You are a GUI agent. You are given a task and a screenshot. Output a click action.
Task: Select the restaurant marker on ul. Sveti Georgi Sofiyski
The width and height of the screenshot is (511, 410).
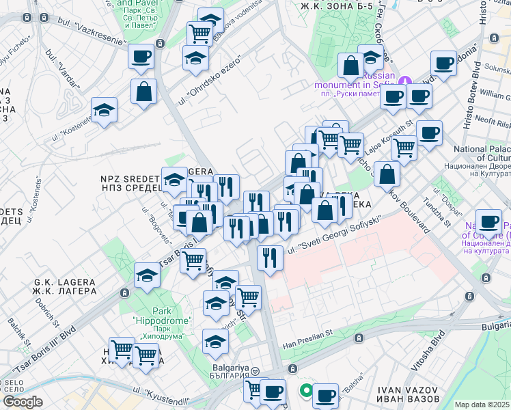pyautogui.click(x=271, y=258)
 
